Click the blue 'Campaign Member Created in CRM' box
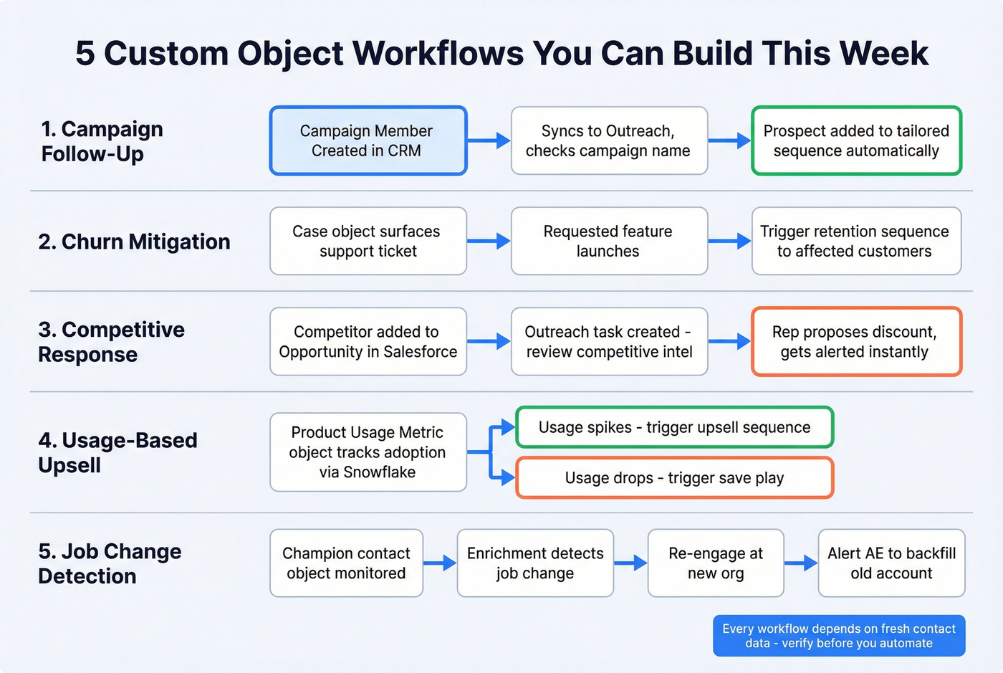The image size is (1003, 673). [368, 140]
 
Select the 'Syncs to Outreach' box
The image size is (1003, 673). [609, 140]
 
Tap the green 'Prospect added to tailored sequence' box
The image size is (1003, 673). [856, 140]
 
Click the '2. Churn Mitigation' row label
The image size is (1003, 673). [135, 242]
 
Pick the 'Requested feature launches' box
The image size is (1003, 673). [609, 241]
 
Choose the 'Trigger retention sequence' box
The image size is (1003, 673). [856, 241]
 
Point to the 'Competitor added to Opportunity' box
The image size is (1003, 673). [368, 341]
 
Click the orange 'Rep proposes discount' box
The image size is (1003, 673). [856, 341]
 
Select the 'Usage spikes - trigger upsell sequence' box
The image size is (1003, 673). [674, 427]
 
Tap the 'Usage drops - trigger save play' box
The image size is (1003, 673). [674, 477]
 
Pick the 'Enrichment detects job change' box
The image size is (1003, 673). [535, 563]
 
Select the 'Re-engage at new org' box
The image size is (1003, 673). [716, 563]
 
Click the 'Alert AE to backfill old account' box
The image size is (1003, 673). [891, 563]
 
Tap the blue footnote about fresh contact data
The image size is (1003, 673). [839, 636]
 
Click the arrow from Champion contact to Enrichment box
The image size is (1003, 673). [440, 563]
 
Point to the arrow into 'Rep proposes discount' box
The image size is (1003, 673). [729, 341]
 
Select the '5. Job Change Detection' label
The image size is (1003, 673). [110, 563]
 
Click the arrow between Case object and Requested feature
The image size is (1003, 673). [489, 241]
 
